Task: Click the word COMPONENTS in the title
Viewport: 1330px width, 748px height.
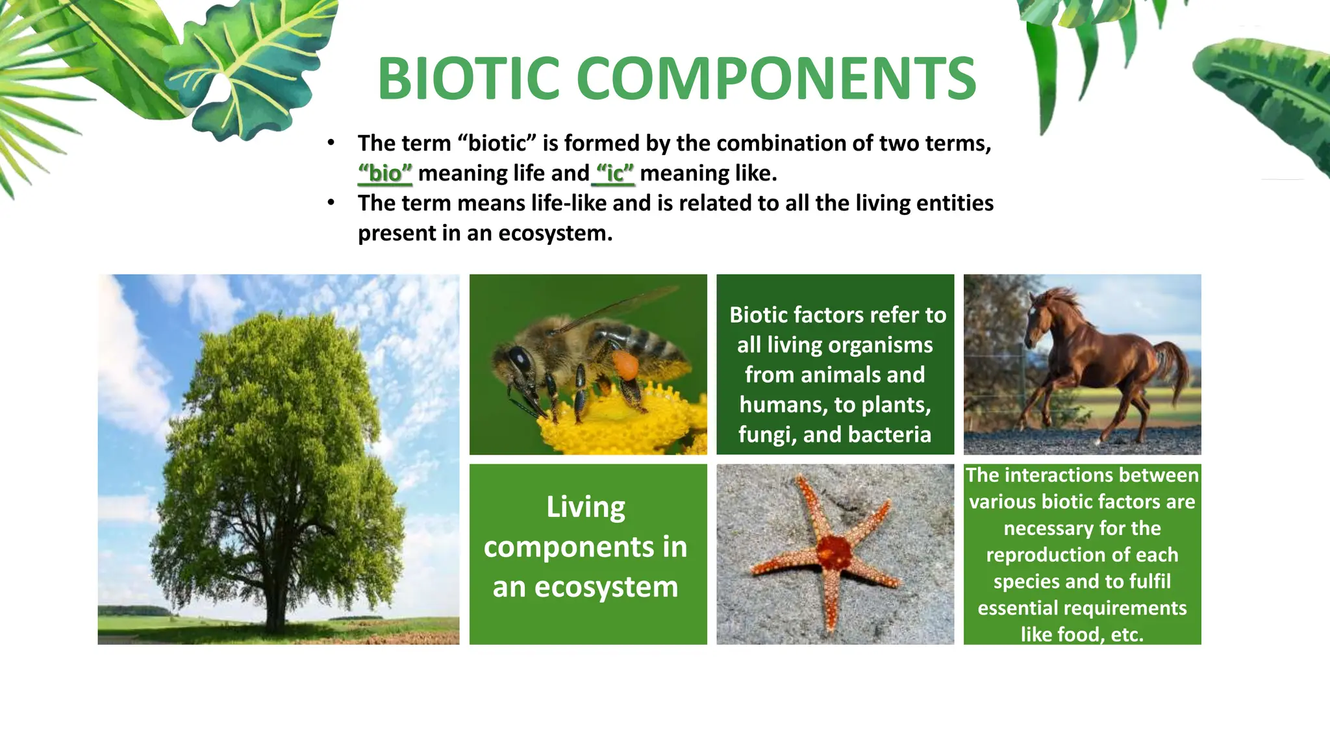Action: coord(776,79)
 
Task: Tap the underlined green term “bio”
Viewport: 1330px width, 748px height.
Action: coord(385,173)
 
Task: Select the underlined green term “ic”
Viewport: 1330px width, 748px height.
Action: coord(614,173)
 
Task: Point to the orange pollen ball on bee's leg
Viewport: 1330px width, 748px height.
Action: coord(625,366)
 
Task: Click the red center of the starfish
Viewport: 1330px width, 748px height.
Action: coord(834,552)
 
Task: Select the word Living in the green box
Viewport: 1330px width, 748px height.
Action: coord(586,507)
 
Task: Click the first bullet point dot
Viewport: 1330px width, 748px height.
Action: coord(331,143)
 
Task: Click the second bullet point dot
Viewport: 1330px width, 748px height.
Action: coord(331,203)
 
